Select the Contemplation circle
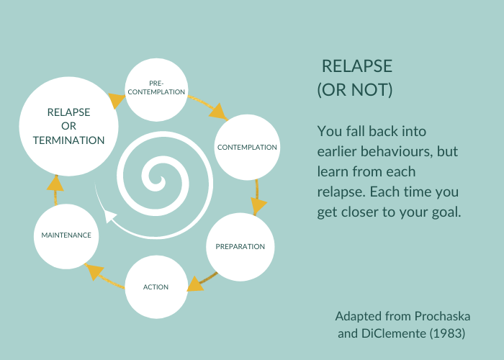coord(247,148)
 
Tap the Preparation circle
coord(240,246)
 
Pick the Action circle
coord(156,287)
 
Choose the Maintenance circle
coord(66,235)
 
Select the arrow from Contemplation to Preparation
coord(257,198)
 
